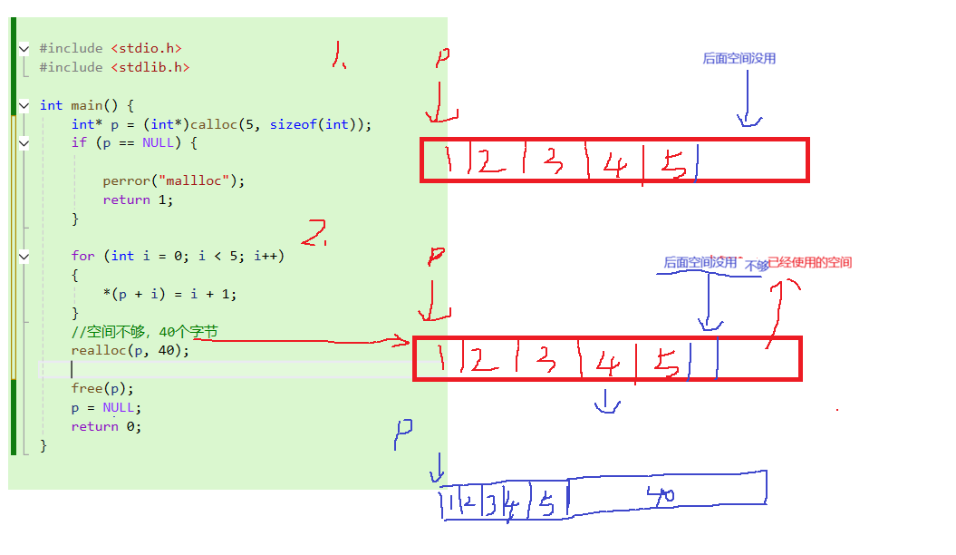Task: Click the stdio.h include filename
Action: [150, 48]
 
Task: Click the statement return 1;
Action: [138, 200]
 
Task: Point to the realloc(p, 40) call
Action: [130, 350]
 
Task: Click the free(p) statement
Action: [102, 388]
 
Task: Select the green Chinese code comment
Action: [145, 332]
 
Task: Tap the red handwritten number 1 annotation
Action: [338, 59]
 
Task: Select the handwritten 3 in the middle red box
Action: [545, 361]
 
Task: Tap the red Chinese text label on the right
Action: [809, 263]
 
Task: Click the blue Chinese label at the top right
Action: [739, 58]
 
